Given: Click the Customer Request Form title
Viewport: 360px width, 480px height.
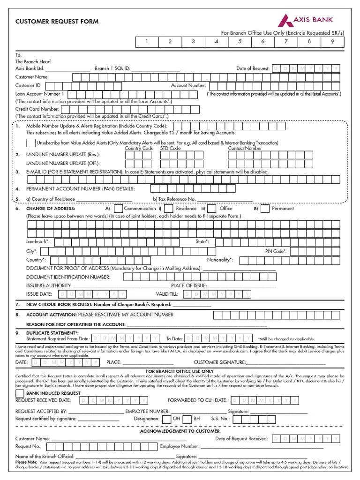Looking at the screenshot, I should (x=57, y=22).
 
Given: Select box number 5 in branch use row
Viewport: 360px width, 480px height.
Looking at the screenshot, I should (x=239, y=42).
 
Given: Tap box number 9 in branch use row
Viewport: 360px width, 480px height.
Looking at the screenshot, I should (x=332, y=42).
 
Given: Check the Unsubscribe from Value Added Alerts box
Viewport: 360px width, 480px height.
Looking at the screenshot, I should (x=30, y=142).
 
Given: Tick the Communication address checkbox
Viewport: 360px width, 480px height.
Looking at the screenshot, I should (x=119, y=208).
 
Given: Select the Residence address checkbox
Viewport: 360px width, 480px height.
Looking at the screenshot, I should (x=169, y=208).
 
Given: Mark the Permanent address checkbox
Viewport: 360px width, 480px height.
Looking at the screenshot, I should (x=265, y=208).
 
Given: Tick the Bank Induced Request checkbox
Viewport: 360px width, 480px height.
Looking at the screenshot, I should (x=20, y=392).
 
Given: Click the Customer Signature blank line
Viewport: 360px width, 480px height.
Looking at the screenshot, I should (x=286, y=363).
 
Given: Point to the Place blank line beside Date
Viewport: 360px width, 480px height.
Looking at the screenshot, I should (x=148, y=363).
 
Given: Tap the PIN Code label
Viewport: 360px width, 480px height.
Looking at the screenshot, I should (x=276, y=251).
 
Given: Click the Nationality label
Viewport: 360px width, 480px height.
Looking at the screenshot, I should (x=220, y=260).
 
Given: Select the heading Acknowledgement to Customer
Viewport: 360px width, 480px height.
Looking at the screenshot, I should (x=180, y=431).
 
